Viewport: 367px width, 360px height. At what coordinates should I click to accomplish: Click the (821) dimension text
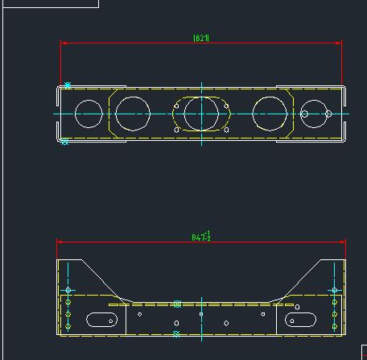pos(201,38)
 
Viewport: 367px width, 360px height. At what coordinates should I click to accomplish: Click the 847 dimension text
pos(201,236)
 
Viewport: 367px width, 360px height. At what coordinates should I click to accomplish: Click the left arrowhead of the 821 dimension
pos(64,43)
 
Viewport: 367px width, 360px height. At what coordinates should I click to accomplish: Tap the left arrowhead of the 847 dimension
pos(60,241)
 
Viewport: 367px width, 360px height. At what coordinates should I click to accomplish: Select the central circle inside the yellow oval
pos(200,114)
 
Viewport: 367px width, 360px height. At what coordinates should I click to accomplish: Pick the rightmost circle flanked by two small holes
pos(316,114)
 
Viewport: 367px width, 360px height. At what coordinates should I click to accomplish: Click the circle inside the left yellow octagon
pos(133,114)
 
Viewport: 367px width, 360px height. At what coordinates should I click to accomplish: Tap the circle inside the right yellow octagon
pos(269,114)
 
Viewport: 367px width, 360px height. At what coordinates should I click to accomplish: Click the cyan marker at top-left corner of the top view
pos(68,85)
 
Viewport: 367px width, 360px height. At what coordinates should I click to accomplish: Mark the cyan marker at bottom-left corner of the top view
pos(65,142)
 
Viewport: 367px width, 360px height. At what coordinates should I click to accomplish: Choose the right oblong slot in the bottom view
pos(299,320)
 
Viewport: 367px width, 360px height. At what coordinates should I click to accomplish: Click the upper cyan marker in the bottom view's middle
pos(177,304)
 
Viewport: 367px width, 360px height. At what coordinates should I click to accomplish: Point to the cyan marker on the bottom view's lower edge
pos(176,333)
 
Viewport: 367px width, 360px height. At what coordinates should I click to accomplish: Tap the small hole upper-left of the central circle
pos(176,105)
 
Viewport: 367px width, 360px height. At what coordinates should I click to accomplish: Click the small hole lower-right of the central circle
pos(226,130)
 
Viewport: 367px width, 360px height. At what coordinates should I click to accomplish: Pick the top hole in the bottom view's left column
pos(68,290)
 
